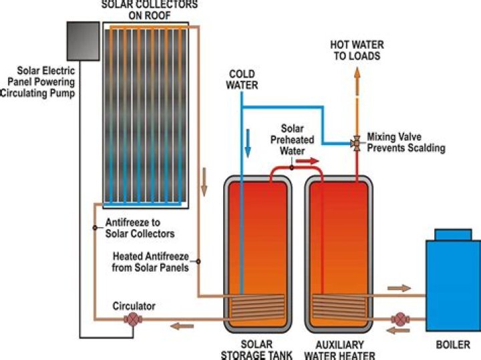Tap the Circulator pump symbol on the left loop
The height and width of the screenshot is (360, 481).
pos(132,319)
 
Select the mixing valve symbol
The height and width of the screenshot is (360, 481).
pos(356,142)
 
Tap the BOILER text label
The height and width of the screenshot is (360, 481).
pos(453,345)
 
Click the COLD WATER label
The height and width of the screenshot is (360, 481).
pos(242,79)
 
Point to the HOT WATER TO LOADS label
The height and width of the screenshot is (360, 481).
pos(357,50)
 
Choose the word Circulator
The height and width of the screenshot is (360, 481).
pos(134,306)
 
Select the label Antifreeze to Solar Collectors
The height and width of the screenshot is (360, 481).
pos(140,228)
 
